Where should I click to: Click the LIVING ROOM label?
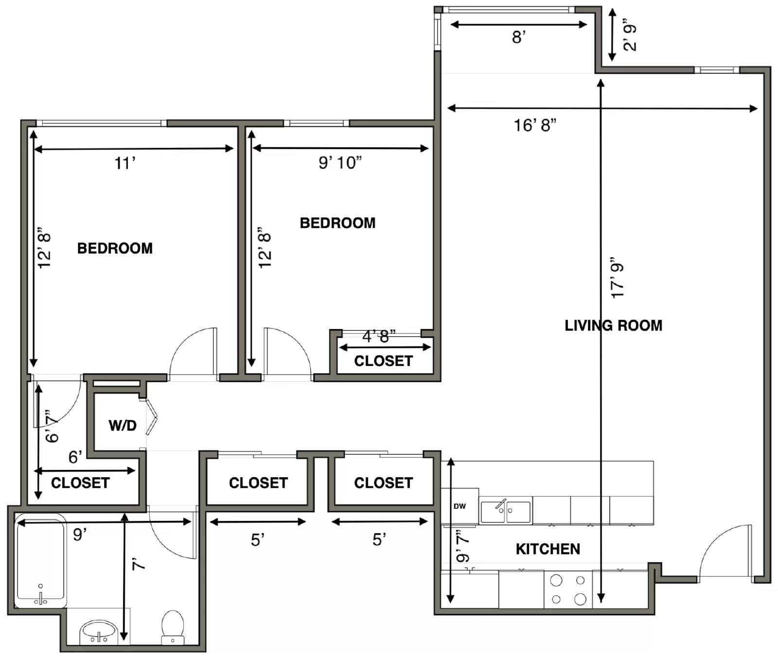613,325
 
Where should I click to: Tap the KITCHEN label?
548,549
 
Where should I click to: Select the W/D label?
123,425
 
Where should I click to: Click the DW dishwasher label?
460,506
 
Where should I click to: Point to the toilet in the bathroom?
172,627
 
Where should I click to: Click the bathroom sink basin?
99,632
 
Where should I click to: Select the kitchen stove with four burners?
568,589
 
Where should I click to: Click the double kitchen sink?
505,512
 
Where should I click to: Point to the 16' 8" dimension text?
535,125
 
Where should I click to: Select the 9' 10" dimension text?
340,163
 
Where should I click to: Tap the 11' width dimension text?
125,163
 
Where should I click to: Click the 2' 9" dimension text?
629,35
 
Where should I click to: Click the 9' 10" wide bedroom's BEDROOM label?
337,223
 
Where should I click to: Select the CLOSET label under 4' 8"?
383,361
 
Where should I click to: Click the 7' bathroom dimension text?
138,564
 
